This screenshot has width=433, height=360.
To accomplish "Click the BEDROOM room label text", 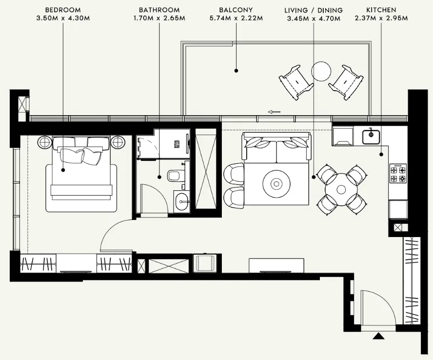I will (x=63, y=10).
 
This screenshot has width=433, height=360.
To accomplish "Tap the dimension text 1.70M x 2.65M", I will (x=159, y=18).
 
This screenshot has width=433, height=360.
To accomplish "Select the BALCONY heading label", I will (x=236, y=10).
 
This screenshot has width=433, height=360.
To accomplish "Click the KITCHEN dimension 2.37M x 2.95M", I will (x=381, y=18).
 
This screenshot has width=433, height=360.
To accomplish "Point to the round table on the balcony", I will (x=321, y=71).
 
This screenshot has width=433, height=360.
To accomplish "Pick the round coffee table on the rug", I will (x=276, y=184).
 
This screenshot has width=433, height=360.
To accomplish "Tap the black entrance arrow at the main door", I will (x=378, y=336).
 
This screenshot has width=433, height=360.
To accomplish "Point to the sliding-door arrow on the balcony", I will (x=274, y=112).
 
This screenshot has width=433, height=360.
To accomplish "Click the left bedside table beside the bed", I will (x=44, y=142).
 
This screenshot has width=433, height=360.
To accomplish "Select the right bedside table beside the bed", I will (x=118, y=142).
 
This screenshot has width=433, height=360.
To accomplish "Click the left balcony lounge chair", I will (x=296, y=81).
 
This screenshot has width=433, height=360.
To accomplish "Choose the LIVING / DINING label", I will (x=313, y=10).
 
